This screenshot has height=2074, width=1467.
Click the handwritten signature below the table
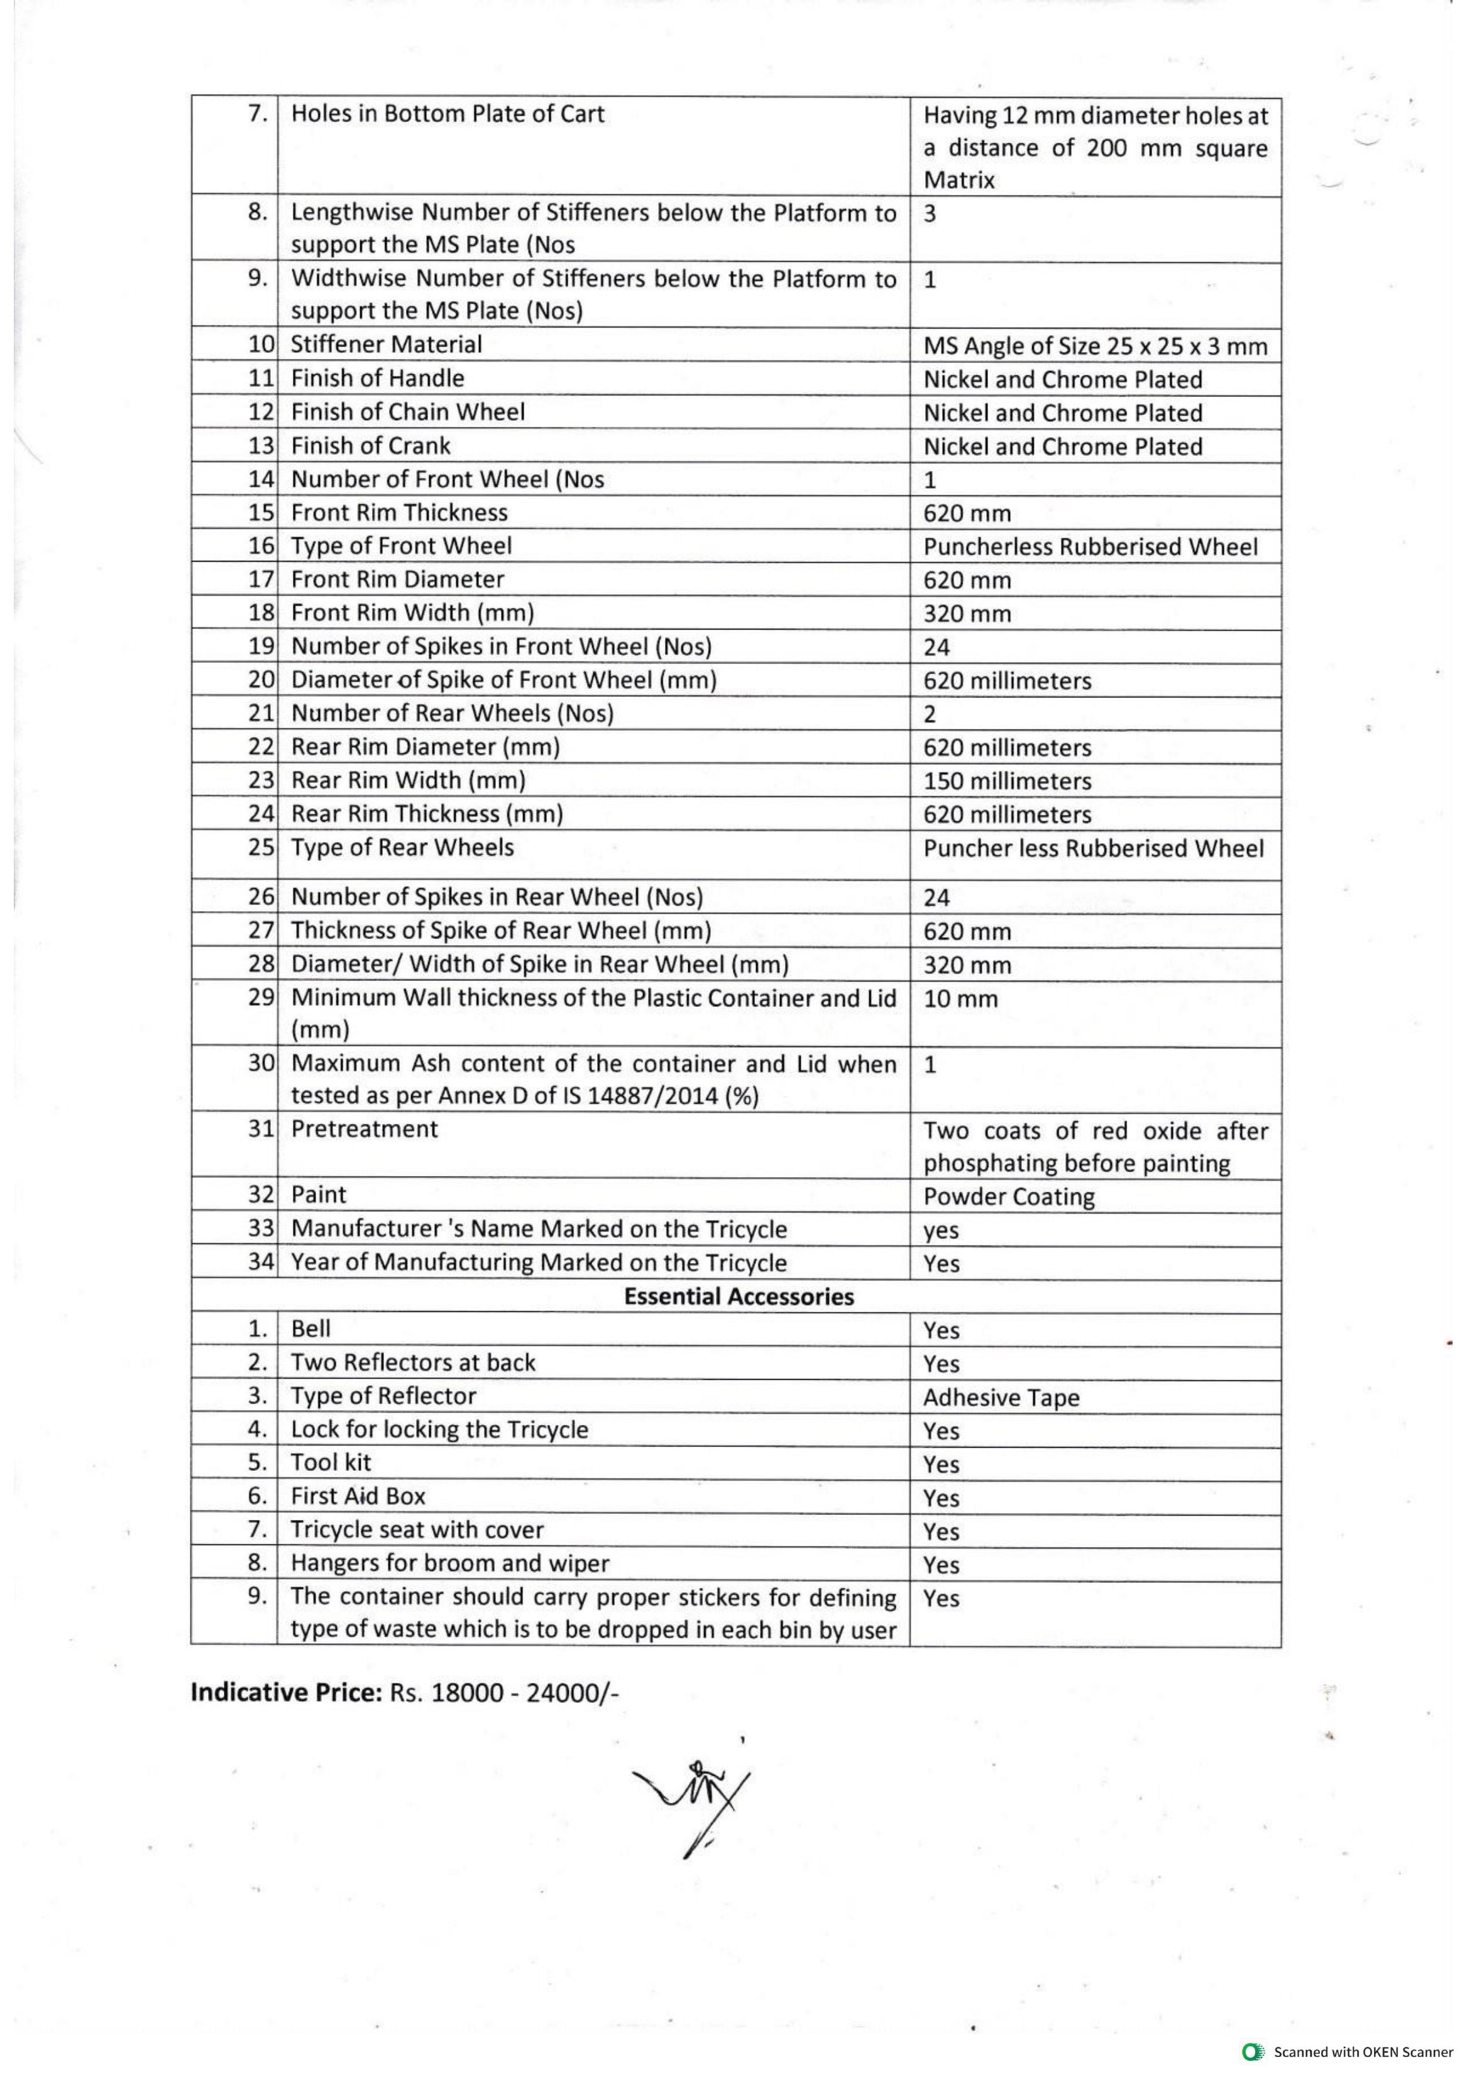(x=694, y=1804)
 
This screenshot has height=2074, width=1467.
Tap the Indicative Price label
(x=287, y=1692)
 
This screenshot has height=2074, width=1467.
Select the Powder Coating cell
(x=1008, y=1197)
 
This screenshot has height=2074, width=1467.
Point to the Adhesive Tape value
(x=1001, y=1398)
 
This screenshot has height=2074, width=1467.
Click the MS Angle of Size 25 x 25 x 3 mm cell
(x=1095, y=346)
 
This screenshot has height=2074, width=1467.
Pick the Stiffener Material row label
(x=386, y=345)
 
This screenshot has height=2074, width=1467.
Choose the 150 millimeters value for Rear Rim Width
(x=1006, y=781)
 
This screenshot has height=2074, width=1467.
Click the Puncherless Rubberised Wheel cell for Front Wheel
(x=1089, y=546)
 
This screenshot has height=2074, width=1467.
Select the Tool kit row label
(x=331, y=1462)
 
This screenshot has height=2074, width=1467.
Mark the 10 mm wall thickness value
(x=960, y=999)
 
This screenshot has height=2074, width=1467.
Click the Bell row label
(x=310, y=1328)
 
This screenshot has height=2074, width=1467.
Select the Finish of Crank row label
(x=370, y=445)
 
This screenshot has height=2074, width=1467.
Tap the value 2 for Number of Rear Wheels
(x=930, y=714)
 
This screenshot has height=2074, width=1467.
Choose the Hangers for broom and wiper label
(x=450, y=1563)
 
